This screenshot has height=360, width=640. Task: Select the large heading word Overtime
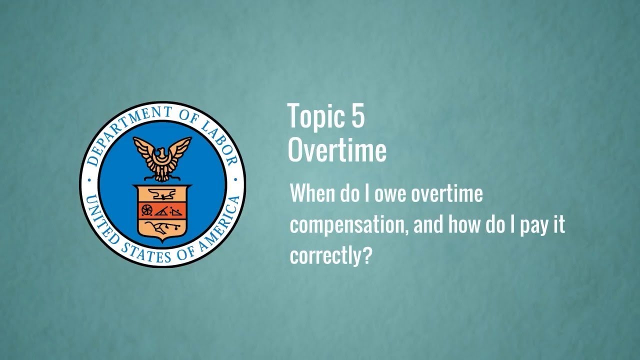pyautogui.click(x=337, y=150)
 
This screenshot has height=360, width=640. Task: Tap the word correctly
pyautogui.click(x=326, y=256)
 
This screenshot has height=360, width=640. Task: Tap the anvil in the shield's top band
pyautogui.click(x=162, y=193)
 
